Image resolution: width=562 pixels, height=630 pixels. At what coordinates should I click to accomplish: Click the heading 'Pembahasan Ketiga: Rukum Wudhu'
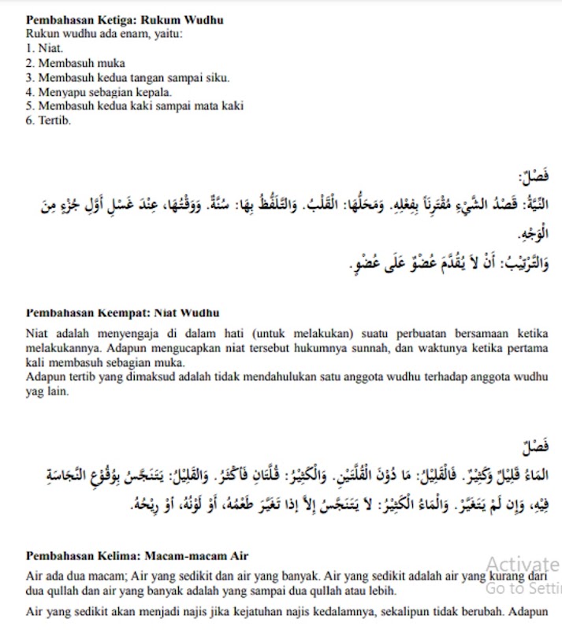tap(124, 20)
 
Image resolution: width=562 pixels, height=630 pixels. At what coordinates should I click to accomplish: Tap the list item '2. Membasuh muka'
tap(75, 63)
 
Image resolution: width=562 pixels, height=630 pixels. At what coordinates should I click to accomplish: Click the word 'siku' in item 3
tap(218, 77)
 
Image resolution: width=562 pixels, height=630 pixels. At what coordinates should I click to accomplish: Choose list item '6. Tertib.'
tap(48, 120)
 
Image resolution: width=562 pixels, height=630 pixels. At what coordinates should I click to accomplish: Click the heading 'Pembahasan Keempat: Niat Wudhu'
tap(122, 313)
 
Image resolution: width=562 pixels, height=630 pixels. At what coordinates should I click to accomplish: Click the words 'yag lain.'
tap(47, 391)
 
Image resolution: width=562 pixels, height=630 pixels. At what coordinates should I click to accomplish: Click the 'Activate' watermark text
tap(522, 564)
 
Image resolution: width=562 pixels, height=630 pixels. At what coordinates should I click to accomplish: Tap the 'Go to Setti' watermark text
tap(522, 587)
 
